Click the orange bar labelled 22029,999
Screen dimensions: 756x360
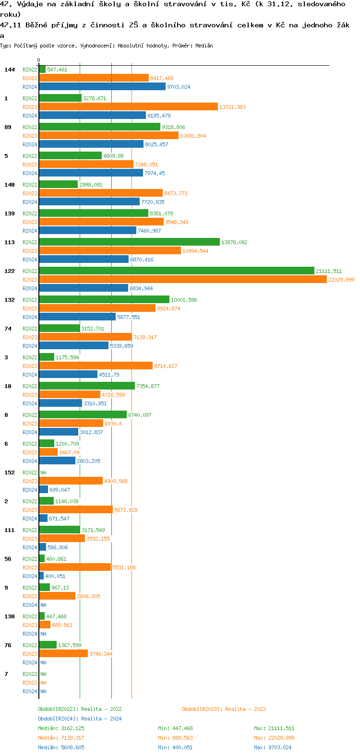coord(183,280)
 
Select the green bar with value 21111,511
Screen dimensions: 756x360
coord(177,271)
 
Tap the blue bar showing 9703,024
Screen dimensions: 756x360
coord(102,87)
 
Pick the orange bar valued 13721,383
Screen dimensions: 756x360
coord(128,107)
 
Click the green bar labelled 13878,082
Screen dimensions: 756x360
coord(129,242)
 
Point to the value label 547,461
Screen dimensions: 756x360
coord(57,70)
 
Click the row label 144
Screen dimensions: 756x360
coord(10,70)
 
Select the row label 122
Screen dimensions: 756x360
coord(10,271)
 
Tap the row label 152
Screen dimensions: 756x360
coord(10,472)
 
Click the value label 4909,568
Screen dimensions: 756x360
coord(116,481)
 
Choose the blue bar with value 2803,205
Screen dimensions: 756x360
coord(57,461)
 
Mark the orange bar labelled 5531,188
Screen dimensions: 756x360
coord(75,567)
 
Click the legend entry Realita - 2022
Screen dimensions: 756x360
coord(80,709)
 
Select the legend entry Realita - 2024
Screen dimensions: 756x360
coord(80,719)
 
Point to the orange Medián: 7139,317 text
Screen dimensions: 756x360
coord(61,738)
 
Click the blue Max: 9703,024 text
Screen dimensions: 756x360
coord(273,747)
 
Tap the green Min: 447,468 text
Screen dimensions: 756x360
coord(175,728)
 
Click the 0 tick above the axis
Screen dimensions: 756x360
coord(39,60)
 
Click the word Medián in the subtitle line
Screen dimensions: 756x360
coord(204,46)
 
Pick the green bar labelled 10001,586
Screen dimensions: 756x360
coord(104,300)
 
